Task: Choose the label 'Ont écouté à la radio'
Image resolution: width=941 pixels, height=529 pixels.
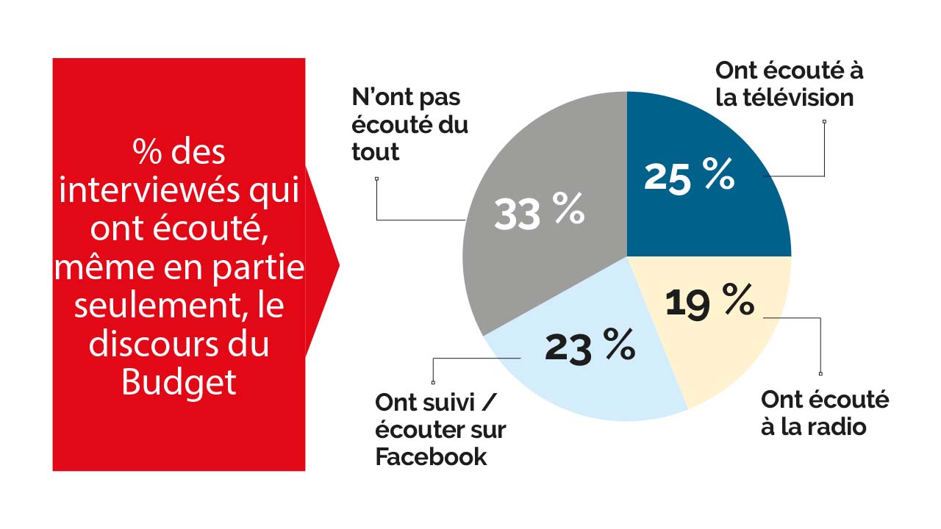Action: pyautogui.click(x=824, y=413)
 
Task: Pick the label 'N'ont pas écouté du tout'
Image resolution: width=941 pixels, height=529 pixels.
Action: pyautogui.click(x=409, y=126)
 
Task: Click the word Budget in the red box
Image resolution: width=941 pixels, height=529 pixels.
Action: pyautogui.click(x=179, y=382)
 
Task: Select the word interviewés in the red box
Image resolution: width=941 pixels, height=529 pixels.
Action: pyautogui.click(x=146, y=192)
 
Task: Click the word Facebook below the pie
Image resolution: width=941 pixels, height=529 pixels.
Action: pyautogui.click(x=431, y=457)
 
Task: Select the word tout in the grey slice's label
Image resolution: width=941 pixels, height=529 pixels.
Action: pyautogui.click(x=376, y=152)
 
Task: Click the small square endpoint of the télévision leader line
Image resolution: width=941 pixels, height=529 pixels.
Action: pyautogui.click(x=824, y=122)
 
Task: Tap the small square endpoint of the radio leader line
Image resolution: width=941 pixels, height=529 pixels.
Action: pyautogui.click(x=820, y=373)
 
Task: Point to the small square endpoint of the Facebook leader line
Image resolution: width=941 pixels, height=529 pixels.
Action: pyautogui.click(x=434, y=382)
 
